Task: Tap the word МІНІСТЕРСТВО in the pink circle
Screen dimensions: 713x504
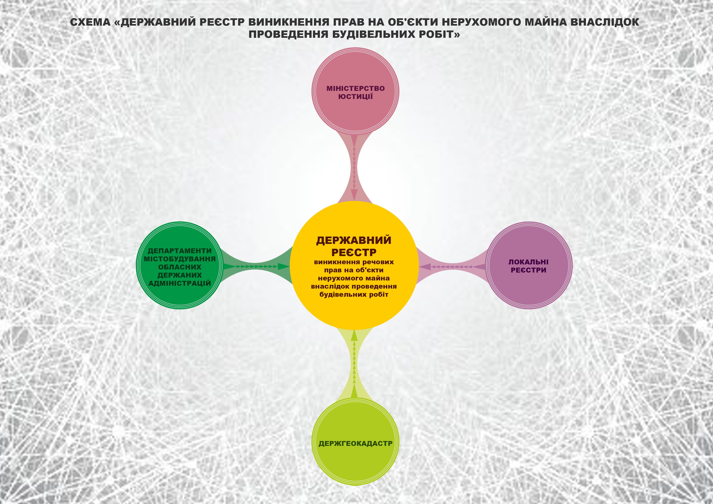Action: (355, 88)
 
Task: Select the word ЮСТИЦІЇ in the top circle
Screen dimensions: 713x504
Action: (355, 97)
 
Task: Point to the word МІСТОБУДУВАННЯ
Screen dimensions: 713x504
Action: (179, 259)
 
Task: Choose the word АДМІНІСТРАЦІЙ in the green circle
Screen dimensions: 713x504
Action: (179, 283)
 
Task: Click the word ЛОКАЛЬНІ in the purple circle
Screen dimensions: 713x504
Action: (528, 262)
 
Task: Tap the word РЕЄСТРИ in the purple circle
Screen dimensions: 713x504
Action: (528, 270)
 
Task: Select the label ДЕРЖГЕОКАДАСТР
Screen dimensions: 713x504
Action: (355, 443)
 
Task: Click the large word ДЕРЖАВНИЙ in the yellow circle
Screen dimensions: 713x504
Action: (354, 240)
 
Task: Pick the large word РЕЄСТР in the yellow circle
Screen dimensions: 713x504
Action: (354, 252)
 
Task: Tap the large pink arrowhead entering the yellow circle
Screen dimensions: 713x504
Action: (354, 195)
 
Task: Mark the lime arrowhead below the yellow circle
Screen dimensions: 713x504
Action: (354, 335)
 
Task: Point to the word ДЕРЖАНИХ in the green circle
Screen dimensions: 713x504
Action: (179, 275)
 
